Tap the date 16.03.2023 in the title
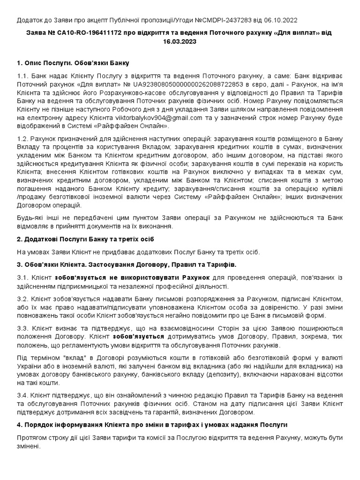180,41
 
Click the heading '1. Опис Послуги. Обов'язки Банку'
73,63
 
